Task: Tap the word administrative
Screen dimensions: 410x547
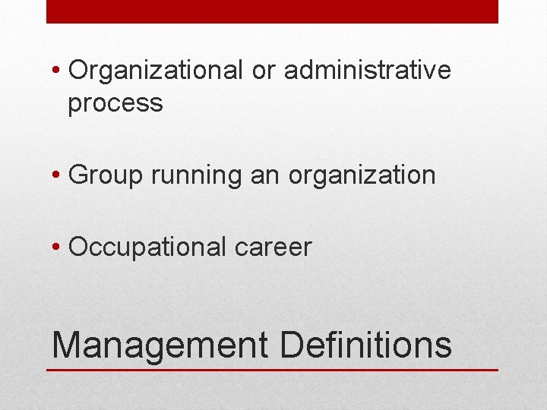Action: [368, 71]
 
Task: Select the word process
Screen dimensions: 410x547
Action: [115, 102]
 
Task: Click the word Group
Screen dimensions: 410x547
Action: [106, 175]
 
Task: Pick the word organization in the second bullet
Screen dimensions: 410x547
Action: [362, 175]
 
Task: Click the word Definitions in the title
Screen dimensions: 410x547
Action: [365, 344]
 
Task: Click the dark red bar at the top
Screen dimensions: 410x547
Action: [272, 11]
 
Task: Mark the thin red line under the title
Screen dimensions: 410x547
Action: [272, 370]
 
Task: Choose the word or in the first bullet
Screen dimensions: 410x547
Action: [263, 71]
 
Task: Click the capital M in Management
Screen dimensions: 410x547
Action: [66, 344]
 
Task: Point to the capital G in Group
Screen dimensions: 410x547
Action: [78, 175]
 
